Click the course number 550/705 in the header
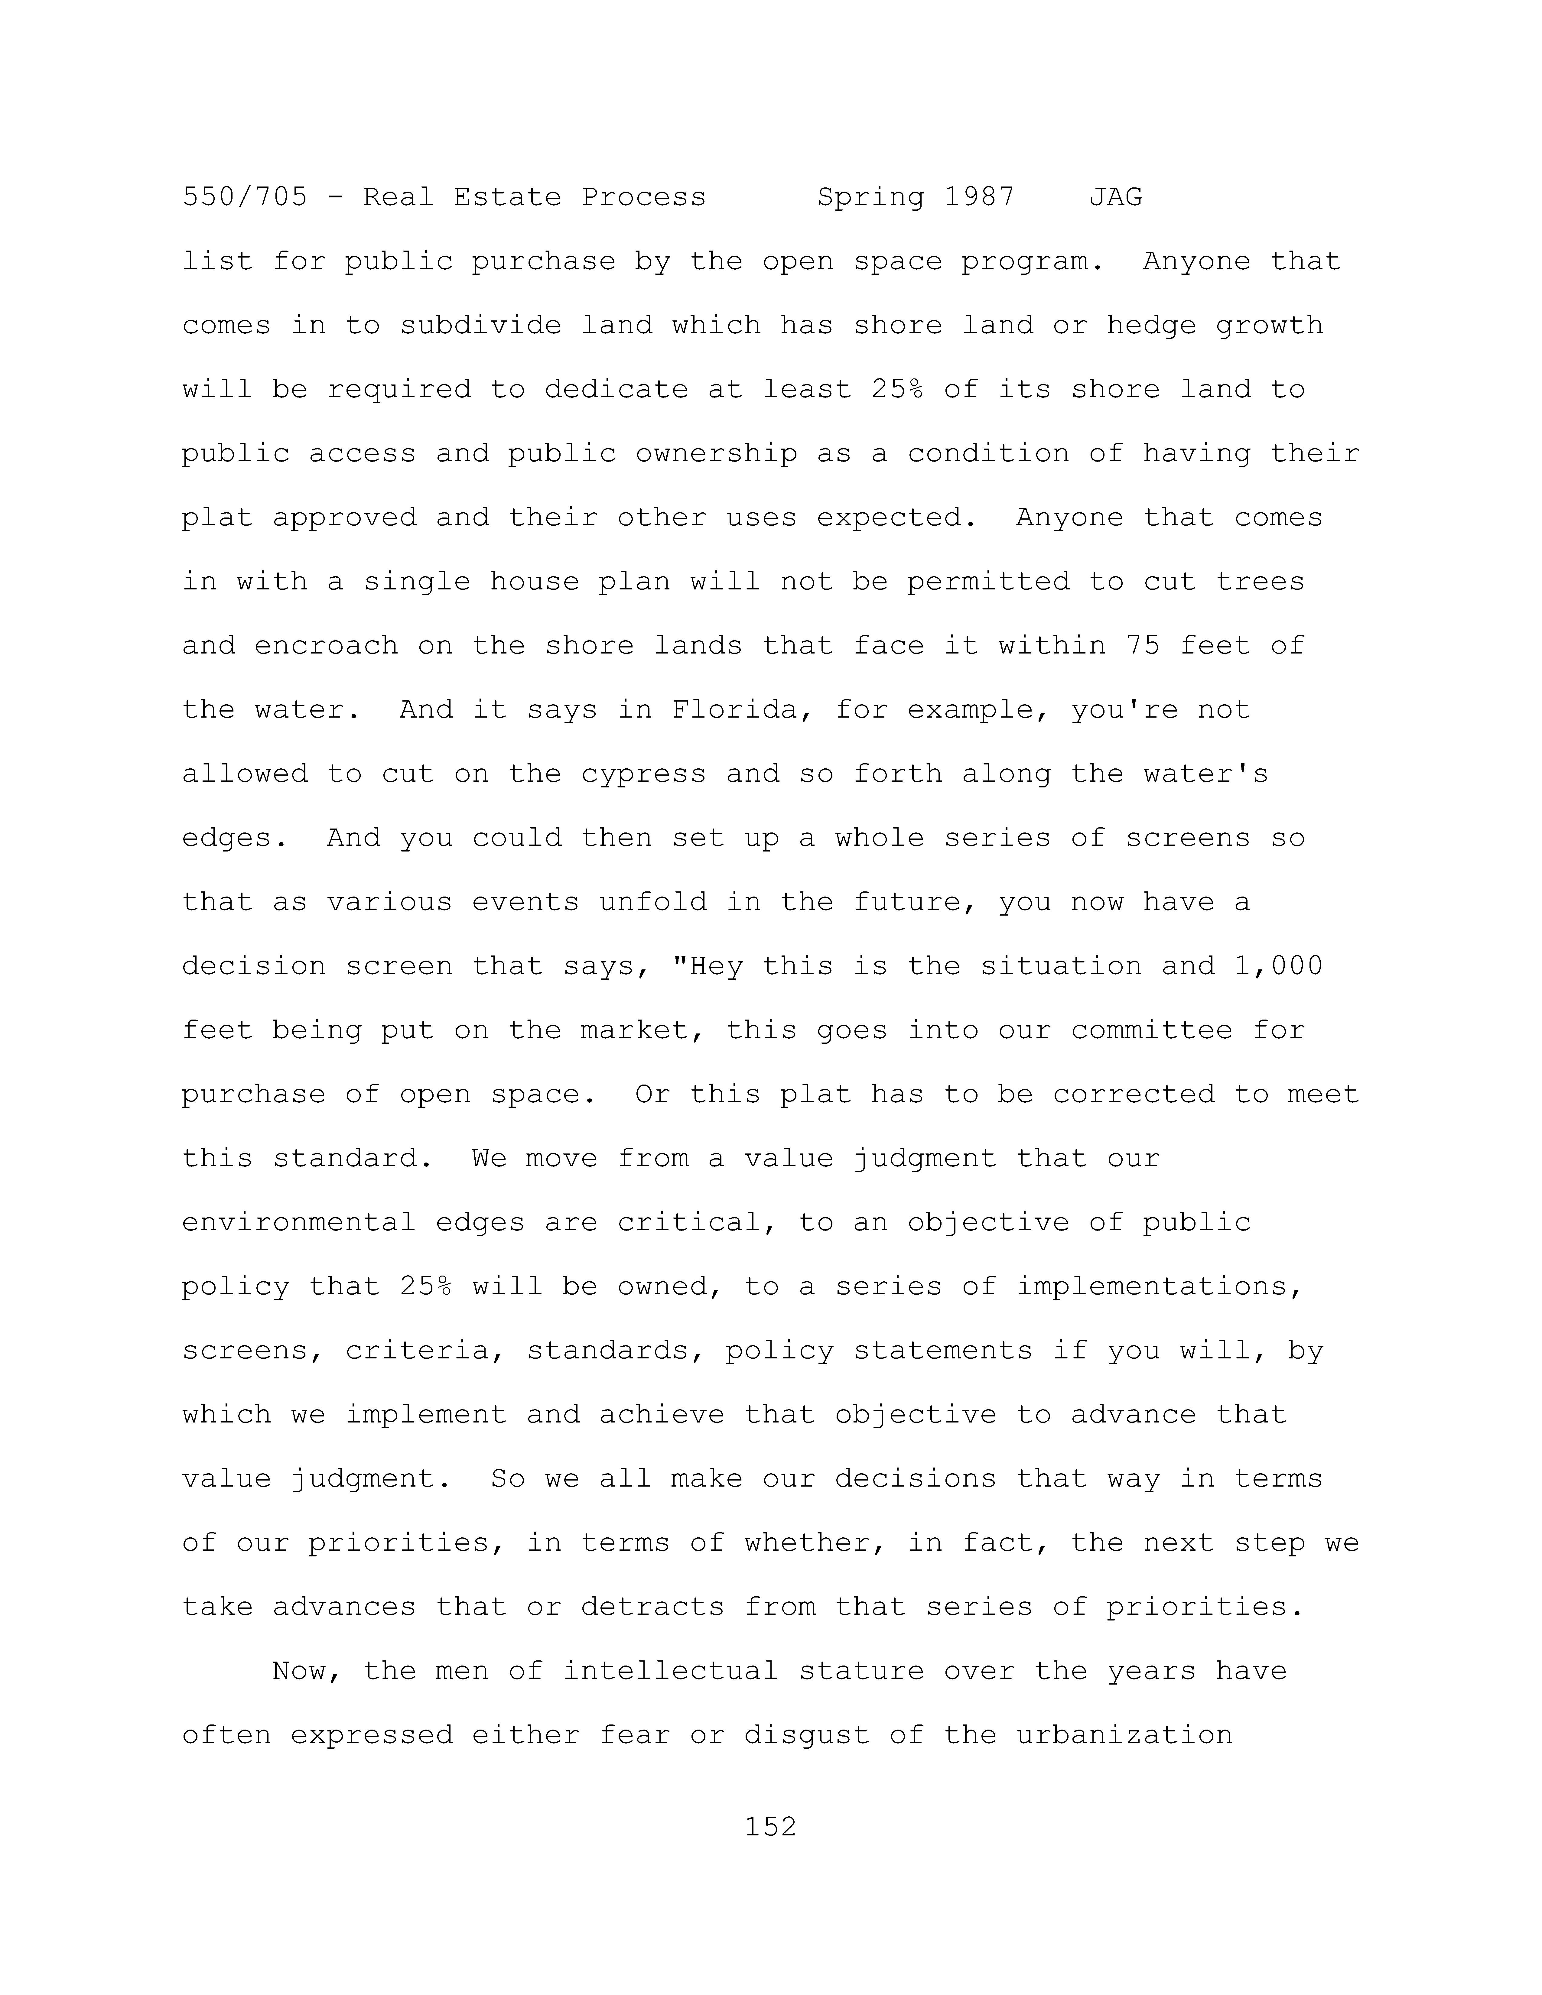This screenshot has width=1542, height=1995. coord(245,197)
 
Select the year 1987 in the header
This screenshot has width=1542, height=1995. coord(979,197)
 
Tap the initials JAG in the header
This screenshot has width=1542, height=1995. coord(1115,197)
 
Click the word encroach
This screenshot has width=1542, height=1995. coord(326,646)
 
